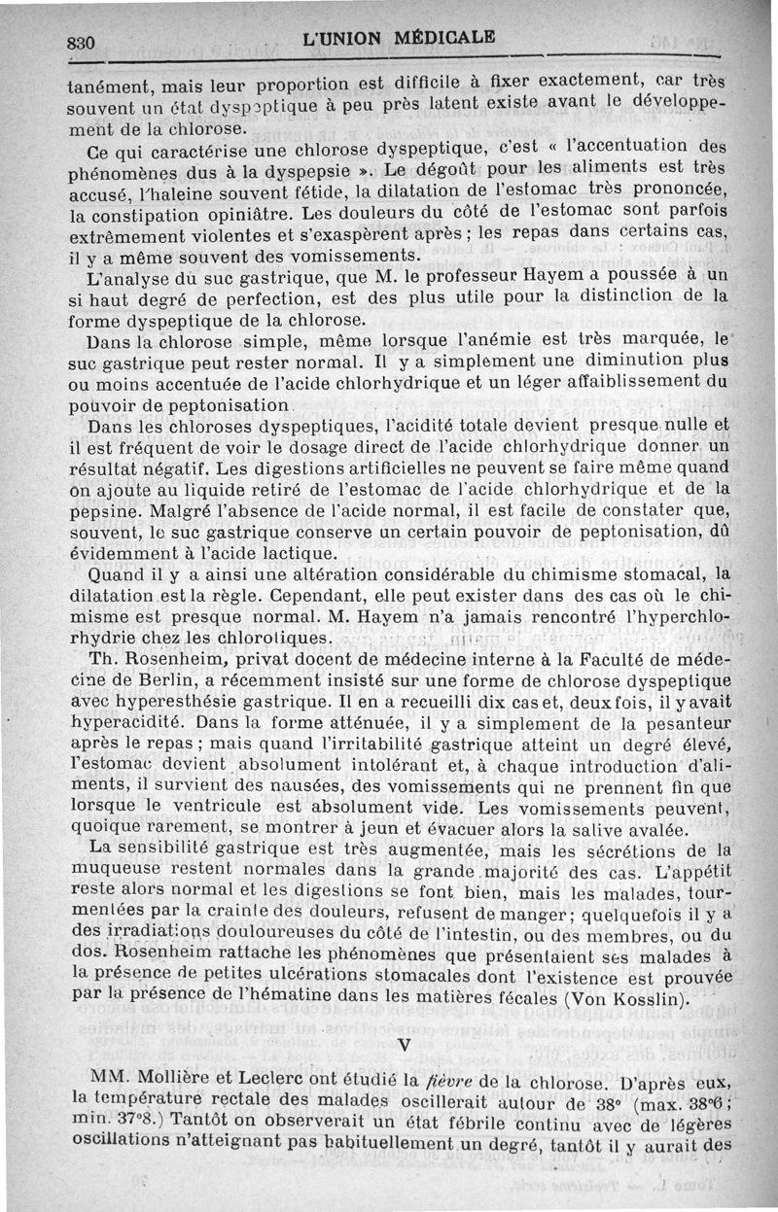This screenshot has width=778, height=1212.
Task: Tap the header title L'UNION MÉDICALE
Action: click(399, 40)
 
